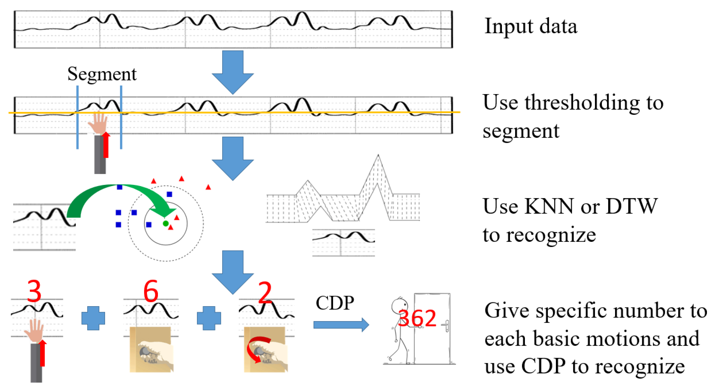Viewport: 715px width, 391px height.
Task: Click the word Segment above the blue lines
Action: click(102, 74)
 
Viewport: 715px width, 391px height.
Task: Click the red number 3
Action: click(34, 291)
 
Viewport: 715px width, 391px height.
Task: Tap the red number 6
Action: click(151, 291)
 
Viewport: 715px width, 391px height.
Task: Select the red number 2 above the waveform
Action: click(265, 293)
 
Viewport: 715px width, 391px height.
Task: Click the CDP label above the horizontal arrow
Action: click(335, 303)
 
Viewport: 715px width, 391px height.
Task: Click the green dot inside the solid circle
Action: click(166, 223)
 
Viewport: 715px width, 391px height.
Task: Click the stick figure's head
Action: click(399, 305)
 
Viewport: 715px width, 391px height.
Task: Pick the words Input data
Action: click(531, 26)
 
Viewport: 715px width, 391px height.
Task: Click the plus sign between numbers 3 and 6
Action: click(93, 318)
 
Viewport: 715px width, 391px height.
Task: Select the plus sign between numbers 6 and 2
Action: click(209, 318)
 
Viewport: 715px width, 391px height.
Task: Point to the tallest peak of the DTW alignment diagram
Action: click(378, 157)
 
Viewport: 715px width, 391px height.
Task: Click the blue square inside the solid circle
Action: click(149, 224)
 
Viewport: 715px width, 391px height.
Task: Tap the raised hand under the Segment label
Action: click(98, 123)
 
